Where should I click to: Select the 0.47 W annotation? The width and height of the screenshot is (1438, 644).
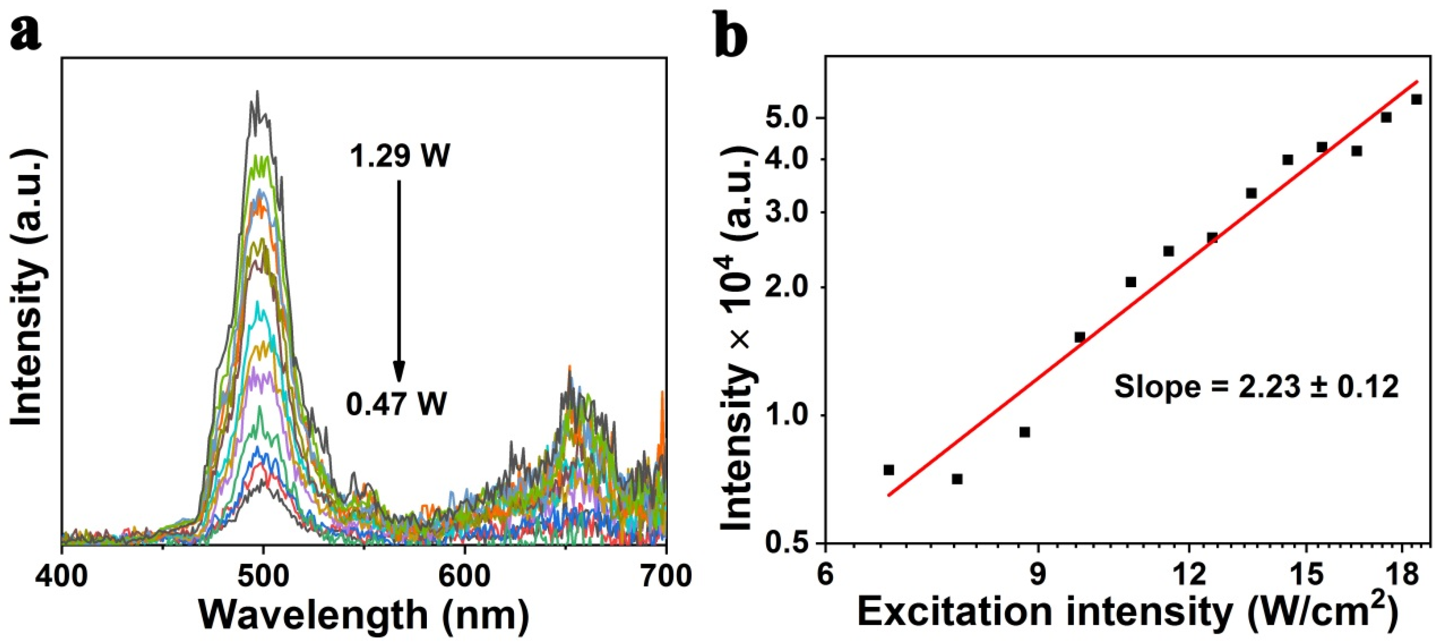click(x=397, y=403)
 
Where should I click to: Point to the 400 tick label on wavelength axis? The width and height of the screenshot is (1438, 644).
click(x=62, y=575)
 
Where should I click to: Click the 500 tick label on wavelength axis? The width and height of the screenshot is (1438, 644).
click(x=263, y=575)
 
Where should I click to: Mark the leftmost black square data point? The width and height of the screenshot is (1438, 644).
click(x=889, y=470)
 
